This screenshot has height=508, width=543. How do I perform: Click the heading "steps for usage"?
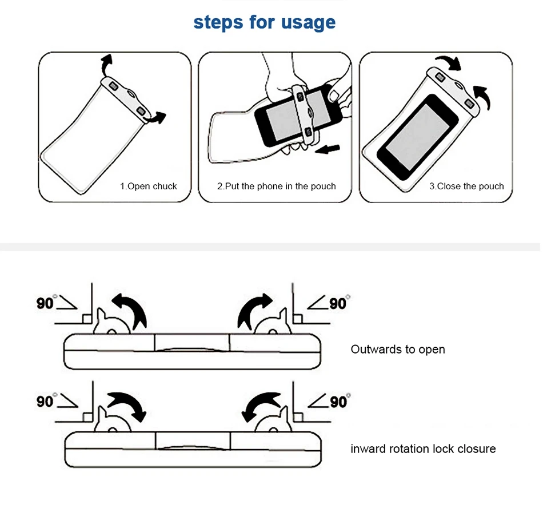click(264, 23)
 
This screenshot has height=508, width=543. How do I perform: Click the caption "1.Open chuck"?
click(148, 186)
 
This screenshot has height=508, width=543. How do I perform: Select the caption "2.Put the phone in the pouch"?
click(276, 186)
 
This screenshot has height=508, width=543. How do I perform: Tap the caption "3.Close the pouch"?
click(466, 186)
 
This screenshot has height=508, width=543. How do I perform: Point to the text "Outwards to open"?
click(397, 349)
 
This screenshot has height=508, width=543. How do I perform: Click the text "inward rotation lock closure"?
click(423, 449)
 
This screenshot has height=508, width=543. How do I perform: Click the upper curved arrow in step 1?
click(106, 65)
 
